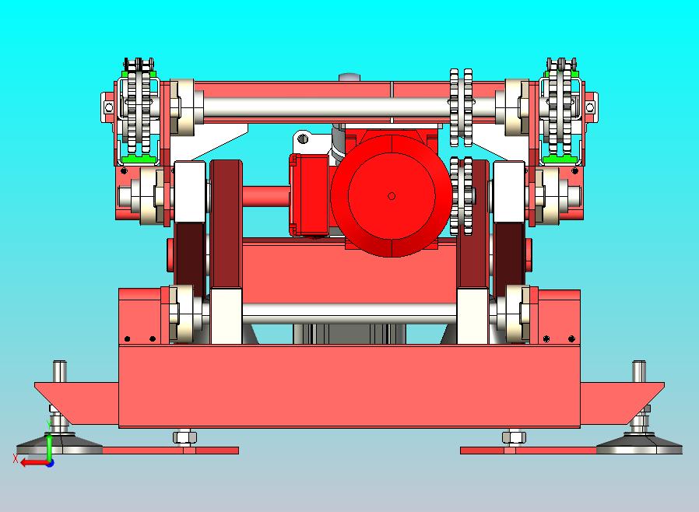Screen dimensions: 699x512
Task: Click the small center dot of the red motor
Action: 392,196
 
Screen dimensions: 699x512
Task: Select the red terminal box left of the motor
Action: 309,195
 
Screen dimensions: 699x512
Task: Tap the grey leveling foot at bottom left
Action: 59,444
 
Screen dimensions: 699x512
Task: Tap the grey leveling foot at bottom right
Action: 639,444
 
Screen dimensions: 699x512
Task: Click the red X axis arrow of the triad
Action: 34,463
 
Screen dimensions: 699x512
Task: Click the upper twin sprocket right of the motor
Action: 461,107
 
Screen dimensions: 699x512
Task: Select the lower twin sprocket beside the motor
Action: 461,195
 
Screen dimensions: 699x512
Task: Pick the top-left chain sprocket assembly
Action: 139,110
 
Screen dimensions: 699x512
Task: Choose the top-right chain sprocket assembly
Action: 560,110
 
